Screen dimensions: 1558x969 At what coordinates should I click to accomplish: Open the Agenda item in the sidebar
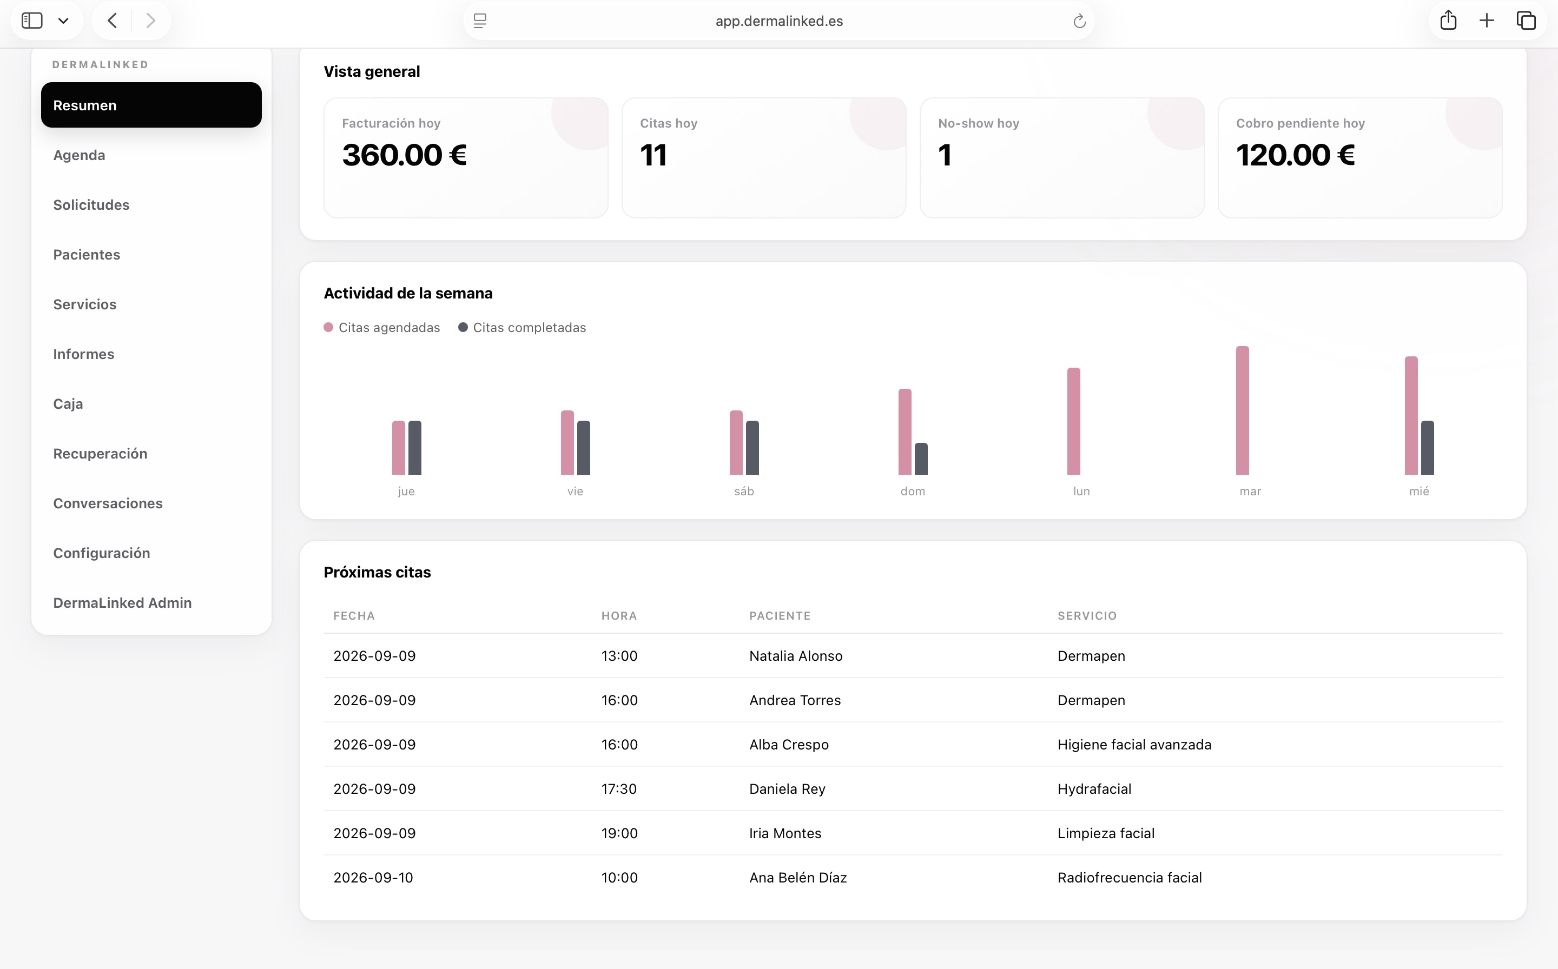(79, 155)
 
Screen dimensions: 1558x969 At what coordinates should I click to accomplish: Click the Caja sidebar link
(68, 404)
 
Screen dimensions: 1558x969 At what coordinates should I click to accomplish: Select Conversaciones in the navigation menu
(108, 503)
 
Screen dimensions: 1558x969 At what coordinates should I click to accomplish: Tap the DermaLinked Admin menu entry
(122, 602)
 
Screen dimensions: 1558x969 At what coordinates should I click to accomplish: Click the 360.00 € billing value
(404, 155)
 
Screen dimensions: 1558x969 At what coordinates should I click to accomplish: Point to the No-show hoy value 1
(945, 155)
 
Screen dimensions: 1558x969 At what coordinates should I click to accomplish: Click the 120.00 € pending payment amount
(1295, 155)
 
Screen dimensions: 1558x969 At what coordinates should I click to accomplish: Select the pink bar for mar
(1243, 410)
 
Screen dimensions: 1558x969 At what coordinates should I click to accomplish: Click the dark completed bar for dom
(921, 459)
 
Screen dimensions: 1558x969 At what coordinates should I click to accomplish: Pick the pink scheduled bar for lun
(1074, 421)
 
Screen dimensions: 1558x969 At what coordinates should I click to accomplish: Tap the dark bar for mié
(1427, 448)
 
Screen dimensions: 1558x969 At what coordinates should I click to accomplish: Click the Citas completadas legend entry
(522, 328)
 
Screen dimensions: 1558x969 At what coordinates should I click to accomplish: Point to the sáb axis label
(744, 491)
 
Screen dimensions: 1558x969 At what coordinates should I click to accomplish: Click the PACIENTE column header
(780, 615)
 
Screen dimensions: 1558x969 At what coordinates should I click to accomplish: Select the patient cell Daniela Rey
(787, 789)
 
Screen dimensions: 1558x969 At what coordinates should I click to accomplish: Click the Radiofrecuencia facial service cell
(1129, 878)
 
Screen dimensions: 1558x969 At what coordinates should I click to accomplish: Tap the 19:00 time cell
(619, 833)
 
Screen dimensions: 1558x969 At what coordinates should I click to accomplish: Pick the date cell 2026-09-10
(373, 878)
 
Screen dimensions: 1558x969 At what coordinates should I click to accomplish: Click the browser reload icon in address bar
(1080, 21)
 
